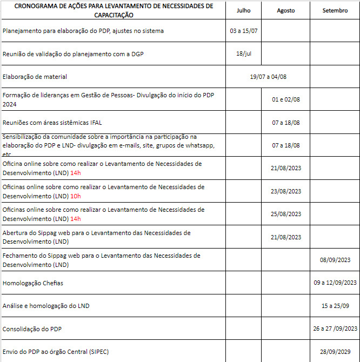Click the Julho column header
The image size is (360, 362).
(x=244, y=10)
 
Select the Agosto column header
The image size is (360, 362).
(x=286, y=10)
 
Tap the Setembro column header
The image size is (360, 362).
(x=335, y=10)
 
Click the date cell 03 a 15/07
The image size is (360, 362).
(x=244, y=31)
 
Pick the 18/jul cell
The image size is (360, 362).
(x=244, y=53)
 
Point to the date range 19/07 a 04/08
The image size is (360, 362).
(x=268, y=77)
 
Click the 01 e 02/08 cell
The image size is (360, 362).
(x=286, y=99)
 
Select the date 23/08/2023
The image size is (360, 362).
(x=286, y=191)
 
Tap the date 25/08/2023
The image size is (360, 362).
(x=286, y=214)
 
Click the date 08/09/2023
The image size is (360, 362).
(x=335, y=260)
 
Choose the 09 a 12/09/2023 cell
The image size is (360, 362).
(x=335, y=283)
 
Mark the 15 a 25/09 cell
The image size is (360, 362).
(x=335, y=306)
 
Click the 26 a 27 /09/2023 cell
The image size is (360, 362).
(x=335, y=329)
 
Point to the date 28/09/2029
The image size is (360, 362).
(x=335, y=352)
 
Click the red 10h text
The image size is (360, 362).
(x=76, y=196)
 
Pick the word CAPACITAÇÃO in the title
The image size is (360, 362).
(x=114, y=15)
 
